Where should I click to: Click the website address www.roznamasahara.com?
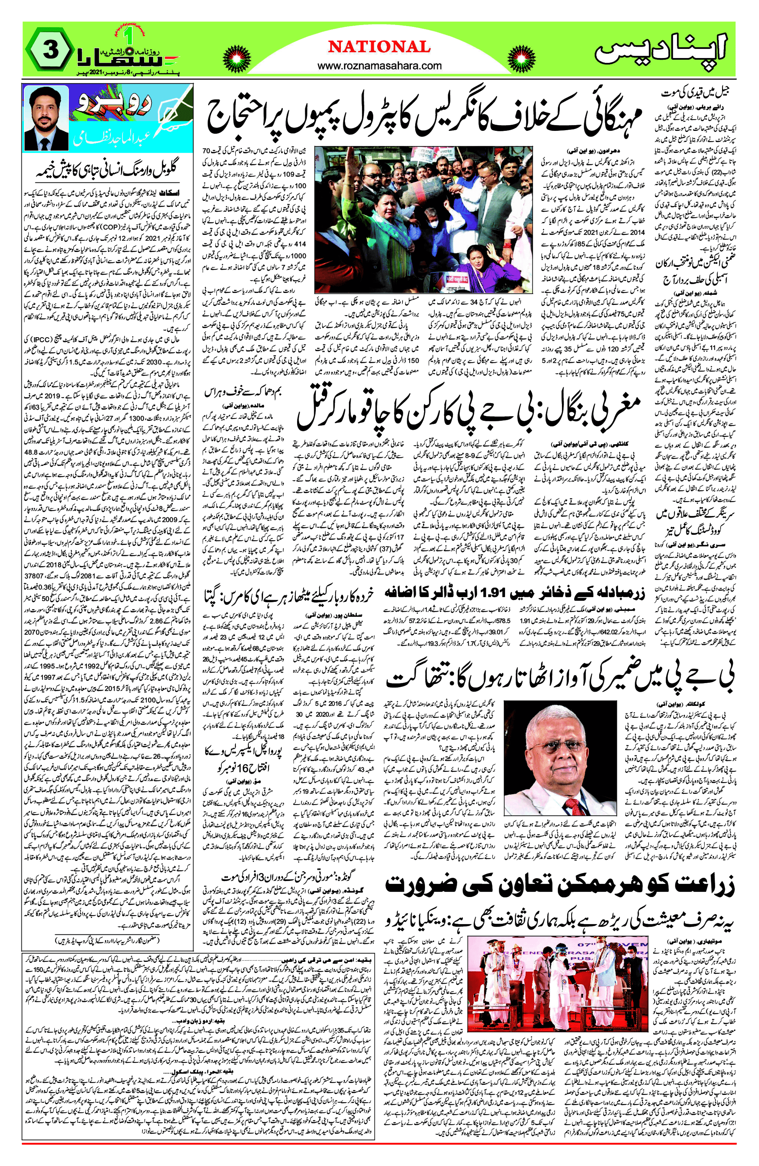[380, 66]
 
